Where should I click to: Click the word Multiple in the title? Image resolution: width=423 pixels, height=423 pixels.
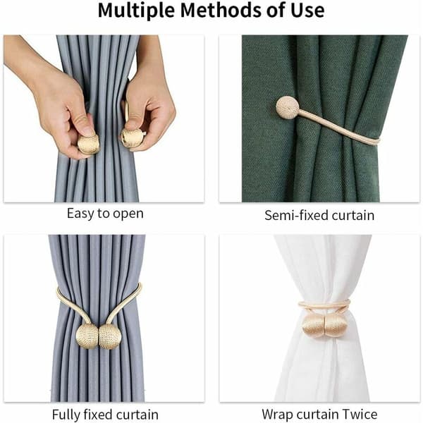coord(137,11)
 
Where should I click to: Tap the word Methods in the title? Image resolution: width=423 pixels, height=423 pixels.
coord(221,10)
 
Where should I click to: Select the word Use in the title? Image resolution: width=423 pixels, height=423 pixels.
coord(307,11)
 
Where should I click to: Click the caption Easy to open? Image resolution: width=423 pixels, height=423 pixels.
coord(105,214)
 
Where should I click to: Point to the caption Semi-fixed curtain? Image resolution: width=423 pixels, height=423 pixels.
coord(319,215)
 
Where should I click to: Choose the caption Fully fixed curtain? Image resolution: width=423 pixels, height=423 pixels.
coord(105,415)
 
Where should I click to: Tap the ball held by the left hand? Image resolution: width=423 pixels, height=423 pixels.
coord(88,145)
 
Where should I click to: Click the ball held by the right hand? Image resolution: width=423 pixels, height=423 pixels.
coord(133,137)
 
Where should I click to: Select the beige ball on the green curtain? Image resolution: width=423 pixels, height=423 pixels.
coord(288,108)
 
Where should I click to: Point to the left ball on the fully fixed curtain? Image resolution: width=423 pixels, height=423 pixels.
coord(87,336)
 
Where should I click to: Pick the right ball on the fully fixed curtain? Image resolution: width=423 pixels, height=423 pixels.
coord(109,337)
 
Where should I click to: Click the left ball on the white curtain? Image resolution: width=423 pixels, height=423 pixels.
coord(313,326)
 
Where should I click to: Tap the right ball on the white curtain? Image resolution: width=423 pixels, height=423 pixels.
coord(336,326)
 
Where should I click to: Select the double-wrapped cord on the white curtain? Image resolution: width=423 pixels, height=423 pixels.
coord(324,305)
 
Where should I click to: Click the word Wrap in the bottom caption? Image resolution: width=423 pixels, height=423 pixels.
coord(278,415)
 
